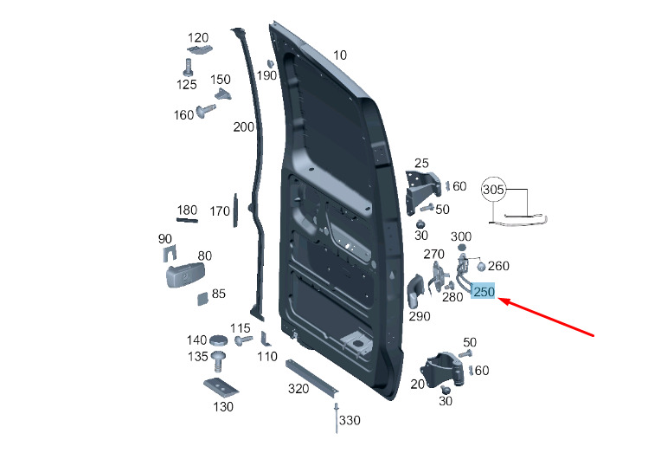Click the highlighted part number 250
click(483, 291)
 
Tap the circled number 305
click(493, 190)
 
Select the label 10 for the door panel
click(340, 55)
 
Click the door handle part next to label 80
click(184, 275)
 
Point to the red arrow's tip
click(499, 299)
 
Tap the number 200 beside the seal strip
click(244, 126)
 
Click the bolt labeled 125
click(188, 68)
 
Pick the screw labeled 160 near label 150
click(206, 111)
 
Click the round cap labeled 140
click(218, 340)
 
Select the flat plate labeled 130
click(221, 387)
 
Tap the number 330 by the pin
click(350, 420)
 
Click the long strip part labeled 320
click(311, 379)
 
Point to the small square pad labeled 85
click(202, 298)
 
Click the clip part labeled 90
click(170, 253)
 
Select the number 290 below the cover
click(420, 316)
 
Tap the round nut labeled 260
click(481, 267)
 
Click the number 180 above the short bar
click(187, 210)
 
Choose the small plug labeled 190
click(270, 64)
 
